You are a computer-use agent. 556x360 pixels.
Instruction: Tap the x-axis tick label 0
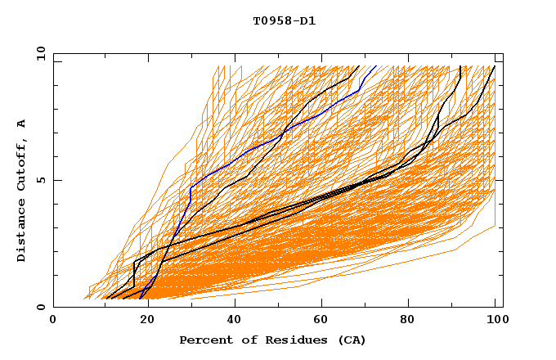[x=53, y=321]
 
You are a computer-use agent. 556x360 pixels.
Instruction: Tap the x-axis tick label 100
[x=495, y=321]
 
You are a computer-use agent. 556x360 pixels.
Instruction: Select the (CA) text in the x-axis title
[x=352, y=340]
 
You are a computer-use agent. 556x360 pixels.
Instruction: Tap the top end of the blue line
[x=375, y=66]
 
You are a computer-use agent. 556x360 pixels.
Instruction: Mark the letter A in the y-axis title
[x=21, y=124]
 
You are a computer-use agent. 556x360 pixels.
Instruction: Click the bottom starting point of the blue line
[x=141, y=298]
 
